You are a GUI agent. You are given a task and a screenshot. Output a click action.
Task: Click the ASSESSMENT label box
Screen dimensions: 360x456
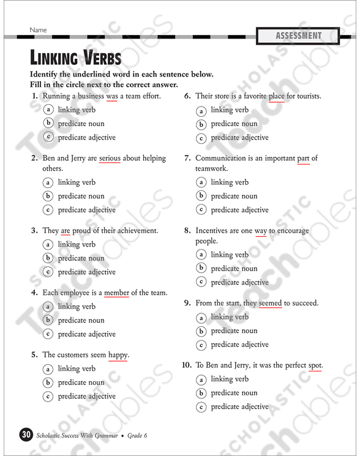(298, 36)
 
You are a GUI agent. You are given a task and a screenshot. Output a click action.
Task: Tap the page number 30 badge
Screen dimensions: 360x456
(25, 435)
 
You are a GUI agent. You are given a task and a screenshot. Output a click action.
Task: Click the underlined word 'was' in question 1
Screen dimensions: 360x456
(112, 96)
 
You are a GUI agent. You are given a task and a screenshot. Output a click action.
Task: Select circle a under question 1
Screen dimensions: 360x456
(48, 110)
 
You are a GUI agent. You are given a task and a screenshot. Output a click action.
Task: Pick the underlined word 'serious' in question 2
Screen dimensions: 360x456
(110, 158)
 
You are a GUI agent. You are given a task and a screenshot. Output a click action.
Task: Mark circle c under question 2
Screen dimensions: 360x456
(48, 210)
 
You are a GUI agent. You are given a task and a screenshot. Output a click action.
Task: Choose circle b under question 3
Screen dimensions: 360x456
(48, 258)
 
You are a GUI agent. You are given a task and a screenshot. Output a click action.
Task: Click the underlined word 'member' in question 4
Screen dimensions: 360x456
(116, 293)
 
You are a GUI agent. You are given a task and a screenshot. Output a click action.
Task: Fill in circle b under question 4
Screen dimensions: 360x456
(48, 320)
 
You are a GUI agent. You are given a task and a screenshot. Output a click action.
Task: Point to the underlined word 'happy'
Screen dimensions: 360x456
(118, 355)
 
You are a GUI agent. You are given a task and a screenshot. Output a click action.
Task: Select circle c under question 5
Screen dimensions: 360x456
(48, 396)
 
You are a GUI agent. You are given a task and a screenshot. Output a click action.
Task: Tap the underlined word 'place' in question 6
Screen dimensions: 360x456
(277, 96)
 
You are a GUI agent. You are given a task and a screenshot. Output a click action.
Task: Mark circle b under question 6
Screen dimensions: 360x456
(201, 124)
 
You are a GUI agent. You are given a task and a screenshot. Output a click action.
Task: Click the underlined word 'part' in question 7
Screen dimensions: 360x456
(303, 158)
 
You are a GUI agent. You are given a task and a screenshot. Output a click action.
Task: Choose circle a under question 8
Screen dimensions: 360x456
(201, 255)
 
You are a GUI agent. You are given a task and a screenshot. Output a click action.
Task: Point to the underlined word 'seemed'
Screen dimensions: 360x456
(270, 303)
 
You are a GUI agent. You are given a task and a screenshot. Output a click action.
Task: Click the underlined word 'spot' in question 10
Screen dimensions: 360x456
(315, 365)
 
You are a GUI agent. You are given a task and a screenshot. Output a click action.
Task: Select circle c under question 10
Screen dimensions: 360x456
(201, 407)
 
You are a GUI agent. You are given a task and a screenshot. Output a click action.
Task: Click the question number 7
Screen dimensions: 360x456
(187, 158)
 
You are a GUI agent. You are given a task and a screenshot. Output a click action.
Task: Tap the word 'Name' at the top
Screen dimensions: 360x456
(38, 29)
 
